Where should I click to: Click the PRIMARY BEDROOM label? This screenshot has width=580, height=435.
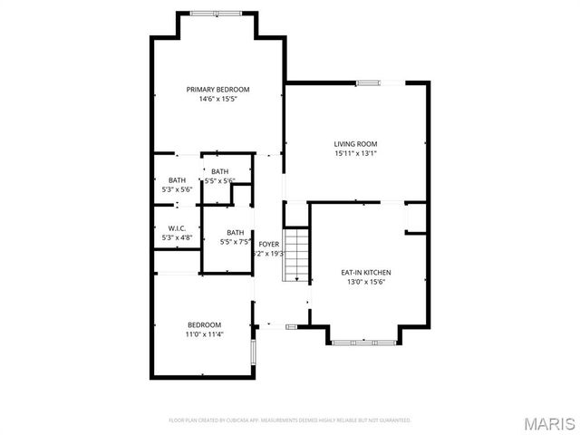coord(217,89)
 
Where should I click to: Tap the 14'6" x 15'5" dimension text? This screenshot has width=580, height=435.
coord(217,99)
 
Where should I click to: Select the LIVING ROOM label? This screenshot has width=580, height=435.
coord(355,143)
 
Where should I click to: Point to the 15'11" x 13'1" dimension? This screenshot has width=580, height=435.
coord(355,153)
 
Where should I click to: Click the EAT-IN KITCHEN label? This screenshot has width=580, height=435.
coord(365,272)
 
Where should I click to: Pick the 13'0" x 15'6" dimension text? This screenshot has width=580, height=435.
coord(365,282)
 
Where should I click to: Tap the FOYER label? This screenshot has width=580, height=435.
coord(269,245)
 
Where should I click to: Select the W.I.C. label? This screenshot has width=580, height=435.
coord(177,227)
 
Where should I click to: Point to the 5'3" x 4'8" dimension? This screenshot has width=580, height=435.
coord(177,237)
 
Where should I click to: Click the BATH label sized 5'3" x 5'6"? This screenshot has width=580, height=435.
coord(177,179)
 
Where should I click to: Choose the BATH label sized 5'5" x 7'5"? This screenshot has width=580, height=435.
coord(236,232)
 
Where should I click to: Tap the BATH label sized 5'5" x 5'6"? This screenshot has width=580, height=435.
coord(220,171)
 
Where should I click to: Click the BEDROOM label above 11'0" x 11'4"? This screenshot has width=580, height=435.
coord(204,324)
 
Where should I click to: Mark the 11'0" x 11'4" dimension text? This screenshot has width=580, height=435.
coord(204,334)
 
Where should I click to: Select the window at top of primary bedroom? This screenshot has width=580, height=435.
coord(217,13)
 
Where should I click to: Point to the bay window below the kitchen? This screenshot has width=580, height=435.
coord(362,343)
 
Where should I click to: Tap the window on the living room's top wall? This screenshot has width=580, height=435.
coord(368,82)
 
